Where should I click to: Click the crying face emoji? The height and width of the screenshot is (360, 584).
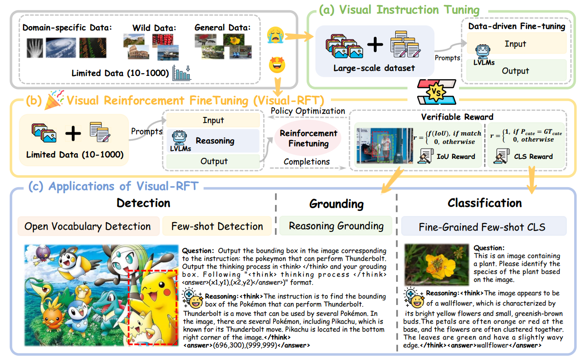275,35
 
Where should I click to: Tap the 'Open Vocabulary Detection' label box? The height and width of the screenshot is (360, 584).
88,226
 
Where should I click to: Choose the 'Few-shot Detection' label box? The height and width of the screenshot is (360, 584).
217,226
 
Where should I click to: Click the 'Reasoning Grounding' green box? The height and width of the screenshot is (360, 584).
336,226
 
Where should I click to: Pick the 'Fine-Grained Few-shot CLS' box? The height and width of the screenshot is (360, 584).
482,227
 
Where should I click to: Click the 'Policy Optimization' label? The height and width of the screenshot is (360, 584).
308,111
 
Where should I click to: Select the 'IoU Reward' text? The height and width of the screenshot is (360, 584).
455,156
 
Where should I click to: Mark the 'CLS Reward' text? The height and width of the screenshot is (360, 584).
533,156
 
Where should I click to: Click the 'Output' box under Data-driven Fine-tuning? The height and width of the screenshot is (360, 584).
515,71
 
